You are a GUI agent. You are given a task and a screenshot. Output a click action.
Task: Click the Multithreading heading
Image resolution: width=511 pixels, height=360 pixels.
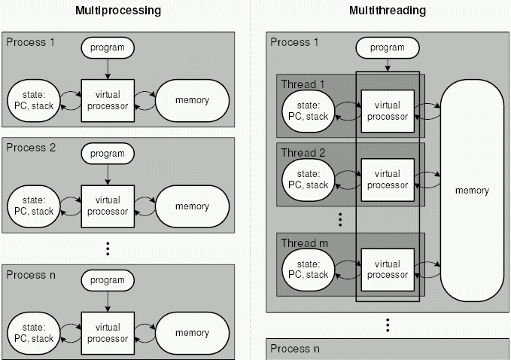tap(388, 11)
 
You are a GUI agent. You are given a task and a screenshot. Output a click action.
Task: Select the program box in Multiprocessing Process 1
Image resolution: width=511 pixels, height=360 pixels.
tap(108, 48)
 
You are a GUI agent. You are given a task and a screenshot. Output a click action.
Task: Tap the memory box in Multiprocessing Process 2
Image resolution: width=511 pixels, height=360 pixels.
tap(192, 206)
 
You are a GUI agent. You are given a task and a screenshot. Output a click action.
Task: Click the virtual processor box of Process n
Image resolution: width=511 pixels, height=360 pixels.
tap(108, 333)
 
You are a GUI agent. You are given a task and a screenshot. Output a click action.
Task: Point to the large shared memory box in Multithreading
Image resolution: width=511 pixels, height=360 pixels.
tap(472, 191)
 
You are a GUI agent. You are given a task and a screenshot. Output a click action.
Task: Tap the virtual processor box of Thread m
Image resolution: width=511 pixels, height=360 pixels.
tap(387, 270)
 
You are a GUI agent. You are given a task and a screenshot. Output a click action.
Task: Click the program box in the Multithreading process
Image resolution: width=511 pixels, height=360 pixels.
tap(387, 48)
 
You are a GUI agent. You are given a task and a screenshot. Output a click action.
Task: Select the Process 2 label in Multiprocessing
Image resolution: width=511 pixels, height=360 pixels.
tap(31, 147)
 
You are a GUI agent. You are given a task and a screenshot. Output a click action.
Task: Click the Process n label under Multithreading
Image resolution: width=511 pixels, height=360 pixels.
tap(295, 349)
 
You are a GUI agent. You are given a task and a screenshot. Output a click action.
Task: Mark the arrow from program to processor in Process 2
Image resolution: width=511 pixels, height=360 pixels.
tap(108, 175)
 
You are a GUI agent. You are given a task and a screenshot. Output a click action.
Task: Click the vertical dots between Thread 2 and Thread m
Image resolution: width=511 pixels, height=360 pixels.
tap(340, 219)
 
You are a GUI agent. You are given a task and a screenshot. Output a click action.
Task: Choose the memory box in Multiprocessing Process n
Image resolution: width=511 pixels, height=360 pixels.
tap(192, 333)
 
